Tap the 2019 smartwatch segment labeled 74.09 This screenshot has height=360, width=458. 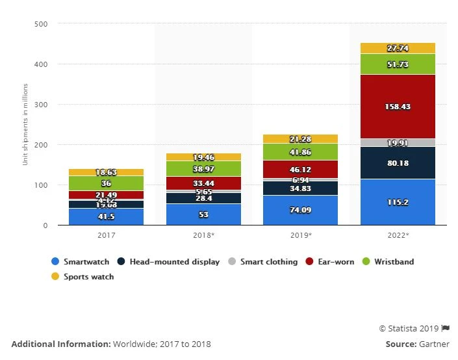click(300, 210)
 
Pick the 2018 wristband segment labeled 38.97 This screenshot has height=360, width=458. click(203, 168)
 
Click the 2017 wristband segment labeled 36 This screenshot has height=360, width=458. click(106, 183)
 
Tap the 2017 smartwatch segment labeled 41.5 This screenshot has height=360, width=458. click(106, 216)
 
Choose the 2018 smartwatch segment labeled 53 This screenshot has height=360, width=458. click(203, 214)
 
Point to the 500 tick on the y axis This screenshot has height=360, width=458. click(41, 24)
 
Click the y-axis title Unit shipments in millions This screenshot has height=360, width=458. click(26, 123)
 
